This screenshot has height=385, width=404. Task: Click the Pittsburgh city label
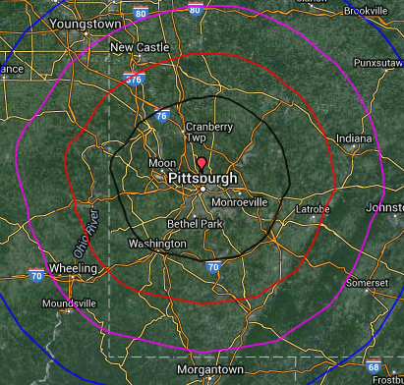click(203, 179)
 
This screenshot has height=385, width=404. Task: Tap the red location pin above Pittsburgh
click(202, 162)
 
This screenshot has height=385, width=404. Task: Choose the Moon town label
click(161, 162)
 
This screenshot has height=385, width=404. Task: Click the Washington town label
click(157, 243)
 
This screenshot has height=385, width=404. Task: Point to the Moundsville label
click(63, 303)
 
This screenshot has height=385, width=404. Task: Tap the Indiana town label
click(347, 139)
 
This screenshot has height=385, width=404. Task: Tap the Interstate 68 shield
click(372, 366)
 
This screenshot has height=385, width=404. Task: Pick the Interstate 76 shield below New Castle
click(133, 79)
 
